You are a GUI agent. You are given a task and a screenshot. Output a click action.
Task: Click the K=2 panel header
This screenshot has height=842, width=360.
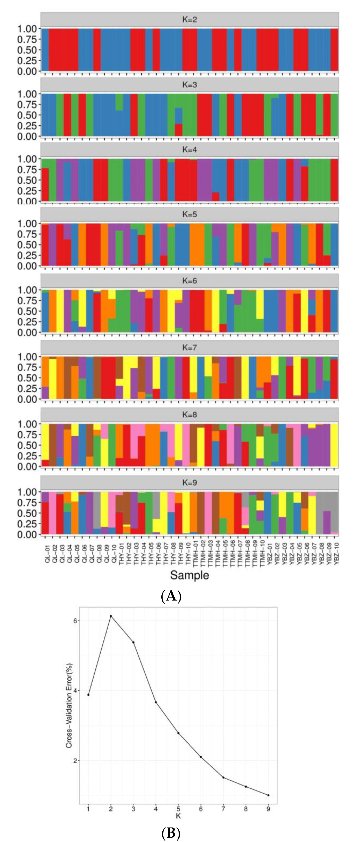coord(190,20)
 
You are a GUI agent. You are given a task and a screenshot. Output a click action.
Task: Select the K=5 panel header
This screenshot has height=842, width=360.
coord(190,215)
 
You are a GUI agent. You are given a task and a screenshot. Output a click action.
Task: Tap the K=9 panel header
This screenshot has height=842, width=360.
coord(190,483)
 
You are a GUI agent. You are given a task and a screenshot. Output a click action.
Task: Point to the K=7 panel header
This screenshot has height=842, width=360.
coord(190,347)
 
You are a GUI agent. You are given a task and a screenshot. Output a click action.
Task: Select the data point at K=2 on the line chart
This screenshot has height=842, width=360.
coord(111,616)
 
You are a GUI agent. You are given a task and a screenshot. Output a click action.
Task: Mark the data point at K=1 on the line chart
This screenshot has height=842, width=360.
coord(88,695)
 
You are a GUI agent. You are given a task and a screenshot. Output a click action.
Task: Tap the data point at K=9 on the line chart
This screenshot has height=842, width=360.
coord(268,795)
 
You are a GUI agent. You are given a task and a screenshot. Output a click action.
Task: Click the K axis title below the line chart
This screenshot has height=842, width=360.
coord(178,816)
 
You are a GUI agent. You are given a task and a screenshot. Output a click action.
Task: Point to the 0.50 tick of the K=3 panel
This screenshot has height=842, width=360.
coord(27,115)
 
